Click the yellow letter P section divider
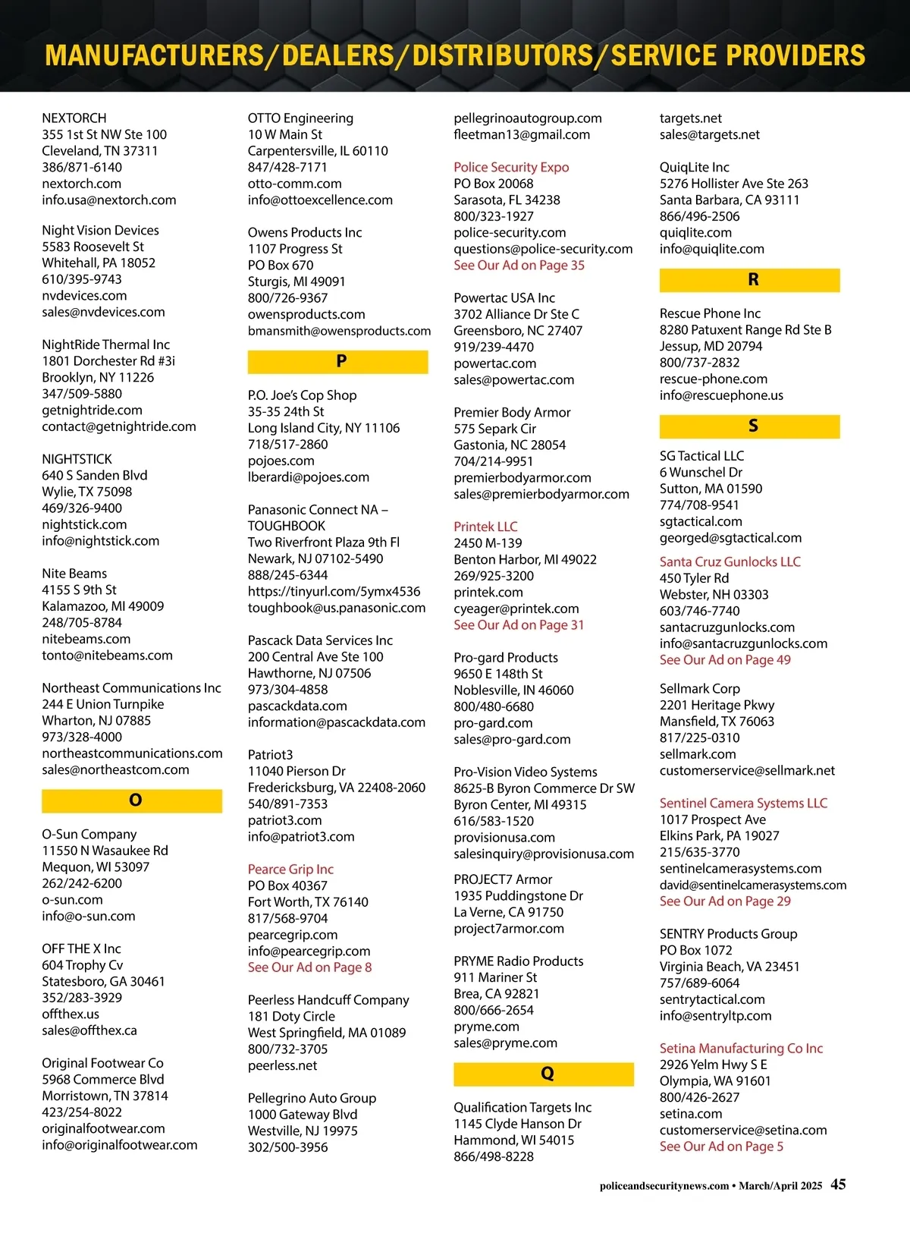(x=337, y=361)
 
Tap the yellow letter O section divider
(x=132, y=801)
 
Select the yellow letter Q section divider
(x=544, y=1074)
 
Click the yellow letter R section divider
(x=749, y=280)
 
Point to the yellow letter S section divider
(x=749, y=426)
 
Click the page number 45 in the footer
(x=838, y=1184)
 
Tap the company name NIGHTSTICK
(x=77, y=459)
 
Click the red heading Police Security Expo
(x=511, y=167)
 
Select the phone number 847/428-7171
(x=287, y=167)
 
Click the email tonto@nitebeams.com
(x=107, y=655)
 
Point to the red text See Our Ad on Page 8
(x=309, y=967)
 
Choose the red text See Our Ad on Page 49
(x=725, y=660)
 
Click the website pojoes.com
(x=281, y=461)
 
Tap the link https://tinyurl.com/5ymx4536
(x=334, y=591)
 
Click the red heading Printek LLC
(x=485, y=527)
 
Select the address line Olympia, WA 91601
(x=714, y=1080)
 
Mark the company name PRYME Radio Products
(x=519, y=961)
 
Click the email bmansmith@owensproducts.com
(x=339, y=331)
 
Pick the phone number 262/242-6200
(x=82, y=883)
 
